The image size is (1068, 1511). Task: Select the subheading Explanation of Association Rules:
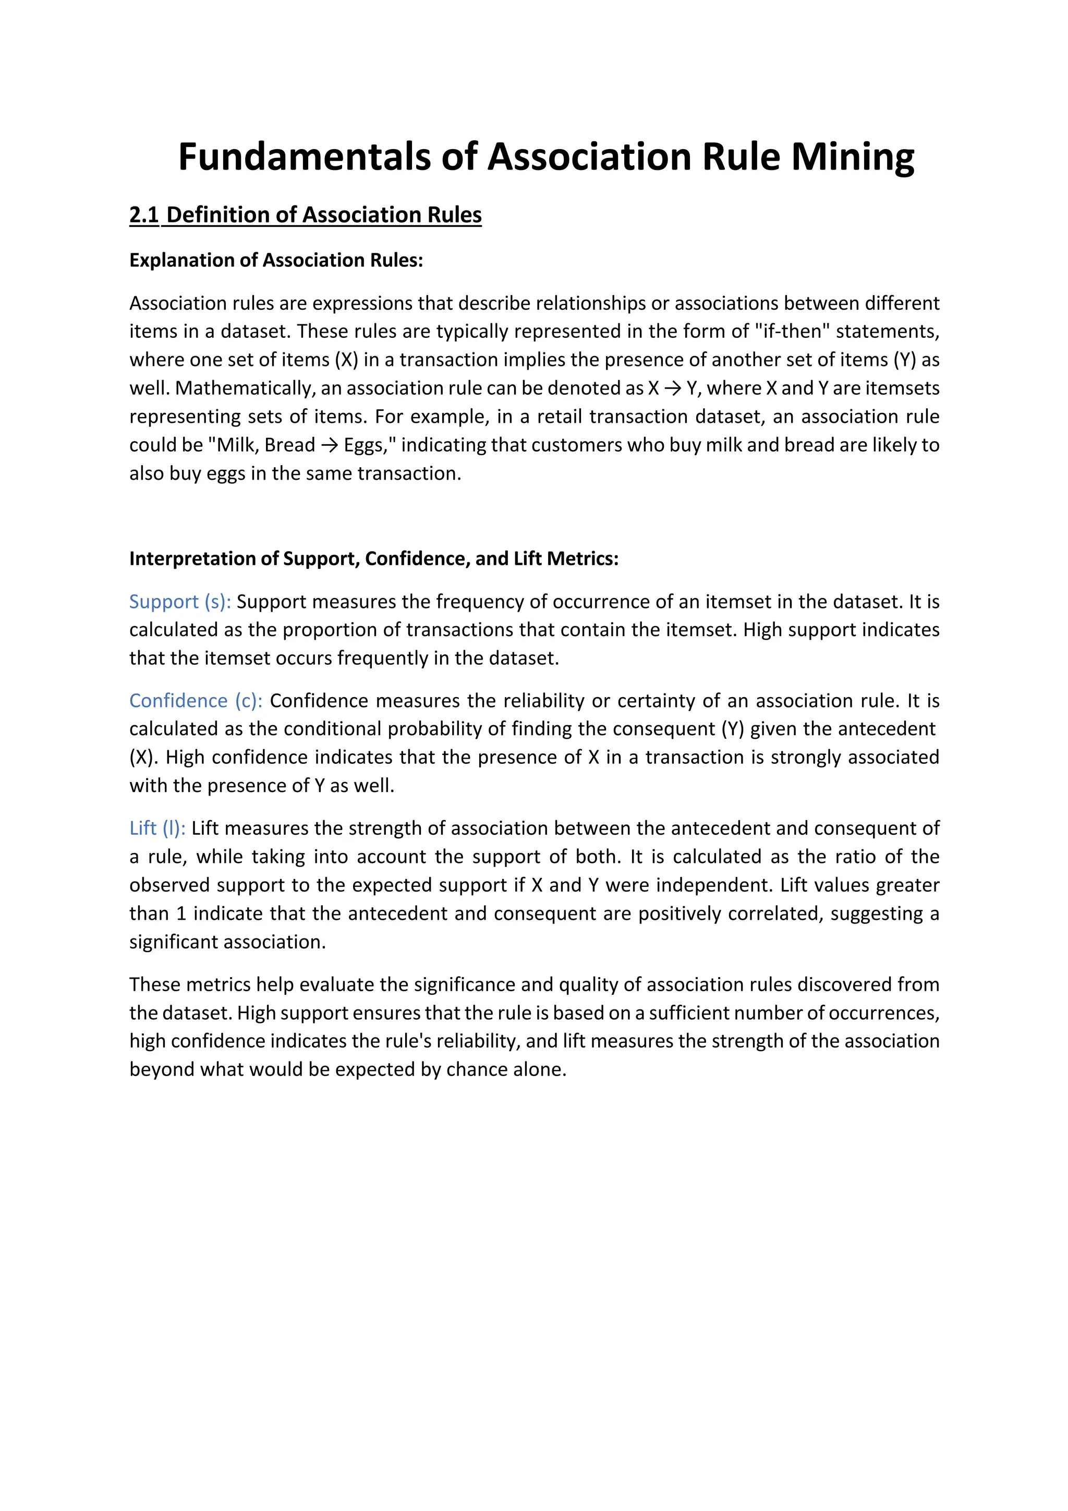tap(276, 260)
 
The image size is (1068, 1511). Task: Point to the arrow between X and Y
tap(673, 388)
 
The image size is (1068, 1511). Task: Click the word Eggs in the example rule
tap(363, 446)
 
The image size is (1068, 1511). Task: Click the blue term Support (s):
tap(179, 602)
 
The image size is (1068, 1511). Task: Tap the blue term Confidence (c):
tap(196, 701)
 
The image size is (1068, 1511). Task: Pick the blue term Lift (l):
tap(157, 828)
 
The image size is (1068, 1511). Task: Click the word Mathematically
tap(245, 388)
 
